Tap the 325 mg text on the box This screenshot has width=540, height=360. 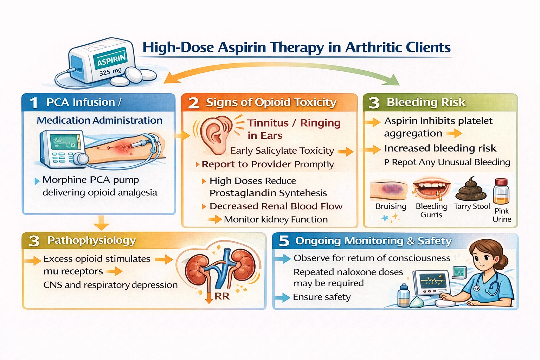click(110, 72)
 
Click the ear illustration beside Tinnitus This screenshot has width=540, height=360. click(215, 135)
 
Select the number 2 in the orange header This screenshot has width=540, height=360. click(193, 103)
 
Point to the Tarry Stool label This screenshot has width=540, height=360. click(471, 206)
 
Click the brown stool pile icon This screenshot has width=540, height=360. click(471, 190)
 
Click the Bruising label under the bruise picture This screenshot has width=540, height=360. click(391, 206)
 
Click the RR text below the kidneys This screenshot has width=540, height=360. click(222, 296)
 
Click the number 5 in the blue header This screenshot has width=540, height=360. click(284, 241)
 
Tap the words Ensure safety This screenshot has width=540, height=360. click(322, 297)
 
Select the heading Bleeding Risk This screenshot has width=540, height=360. click(426, 102)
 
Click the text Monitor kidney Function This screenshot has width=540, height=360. click(276, 219)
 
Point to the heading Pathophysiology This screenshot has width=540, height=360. click(91, 240)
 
